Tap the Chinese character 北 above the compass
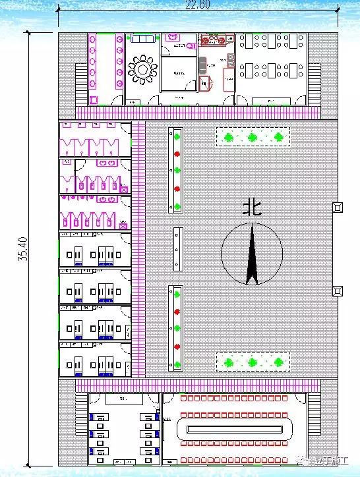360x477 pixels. (x=252, y=208)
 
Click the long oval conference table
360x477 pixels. (x=235, y=429)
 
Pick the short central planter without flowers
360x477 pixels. (x=177, y=249)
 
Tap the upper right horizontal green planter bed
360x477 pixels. (x=253, y=137)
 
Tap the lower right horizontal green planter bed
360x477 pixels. (x=253, y=362)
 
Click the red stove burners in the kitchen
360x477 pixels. (x=214, y=41)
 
